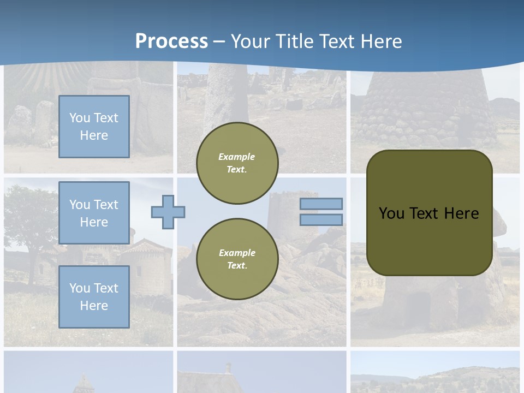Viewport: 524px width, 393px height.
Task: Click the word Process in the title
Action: coord(171,41)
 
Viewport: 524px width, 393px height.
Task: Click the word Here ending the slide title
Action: coord(379,41)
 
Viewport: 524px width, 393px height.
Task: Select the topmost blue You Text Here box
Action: coord(94,127)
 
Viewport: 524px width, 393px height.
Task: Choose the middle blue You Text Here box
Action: coord(94,213)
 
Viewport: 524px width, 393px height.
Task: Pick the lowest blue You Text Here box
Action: coord(94,296)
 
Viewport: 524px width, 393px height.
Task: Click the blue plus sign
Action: coord(168,212)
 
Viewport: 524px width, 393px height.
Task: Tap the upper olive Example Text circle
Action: coord(237,163)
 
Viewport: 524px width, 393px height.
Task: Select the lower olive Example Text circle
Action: coord(237,259)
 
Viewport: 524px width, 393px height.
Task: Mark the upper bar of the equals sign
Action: coord(321,204)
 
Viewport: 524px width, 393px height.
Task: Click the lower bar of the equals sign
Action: coord(321,219)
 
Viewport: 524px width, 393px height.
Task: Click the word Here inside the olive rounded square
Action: coord(461,213)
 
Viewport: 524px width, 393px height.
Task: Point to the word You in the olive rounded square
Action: coord(391,213)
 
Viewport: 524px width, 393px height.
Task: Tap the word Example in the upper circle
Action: coord(236,157)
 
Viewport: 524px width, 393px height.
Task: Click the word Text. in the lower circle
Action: coord(237,265)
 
